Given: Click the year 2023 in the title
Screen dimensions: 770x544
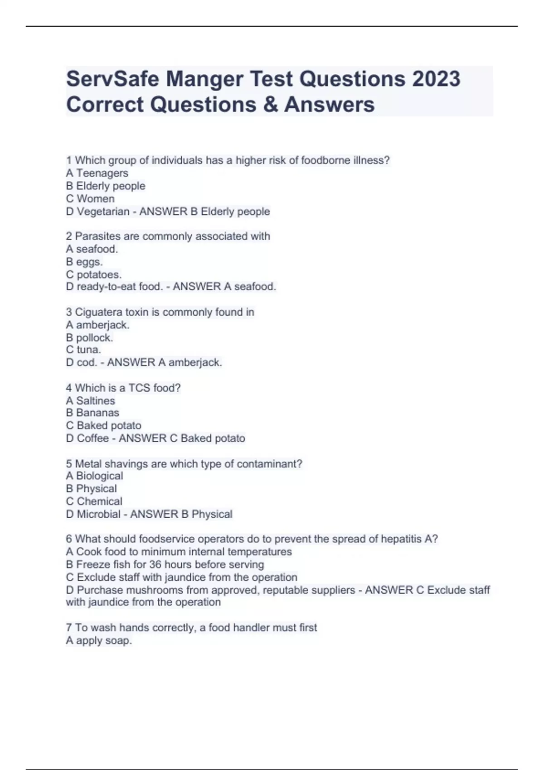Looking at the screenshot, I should point(436,79).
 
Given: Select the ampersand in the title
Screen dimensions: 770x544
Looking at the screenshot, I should point(270,105).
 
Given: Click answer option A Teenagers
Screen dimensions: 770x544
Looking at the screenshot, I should point(97,173).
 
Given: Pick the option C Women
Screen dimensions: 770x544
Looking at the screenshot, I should point(90,198).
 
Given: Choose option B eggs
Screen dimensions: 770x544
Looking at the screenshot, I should point(84,261).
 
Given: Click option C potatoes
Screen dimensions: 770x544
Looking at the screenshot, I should point(94,274).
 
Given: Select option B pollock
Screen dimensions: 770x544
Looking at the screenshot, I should point(89,337).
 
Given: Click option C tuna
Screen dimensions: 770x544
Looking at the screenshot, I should point(83,350).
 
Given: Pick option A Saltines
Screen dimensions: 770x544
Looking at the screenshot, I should point(90,400).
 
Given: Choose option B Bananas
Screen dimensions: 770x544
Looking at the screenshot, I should point(92,413).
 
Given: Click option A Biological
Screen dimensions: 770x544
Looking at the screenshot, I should point(94,476).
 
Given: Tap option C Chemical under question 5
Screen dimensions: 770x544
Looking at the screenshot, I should point(94,501).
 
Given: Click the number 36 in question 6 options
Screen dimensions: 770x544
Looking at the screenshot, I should point(155,564).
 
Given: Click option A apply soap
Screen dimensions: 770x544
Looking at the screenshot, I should point(99,640).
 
